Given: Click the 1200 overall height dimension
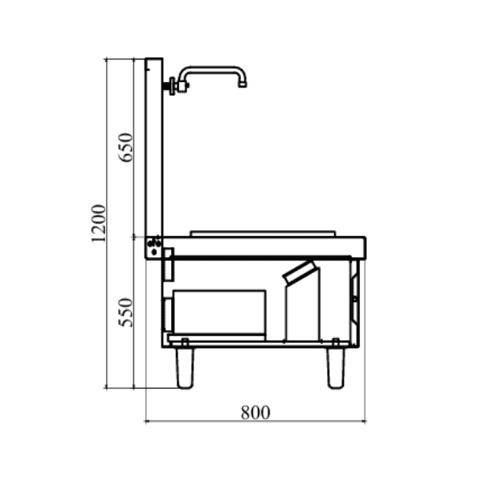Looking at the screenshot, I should (x=99, y=223).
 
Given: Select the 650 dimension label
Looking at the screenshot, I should (x=126, y=147).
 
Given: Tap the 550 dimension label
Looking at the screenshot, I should (x=126, y=312).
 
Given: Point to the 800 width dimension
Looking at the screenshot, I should (x=255, y=412).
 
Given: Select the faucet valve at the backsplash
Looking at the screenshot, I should (x=172, y=85).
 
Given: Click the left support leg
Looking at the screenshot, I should (x=185, y=366).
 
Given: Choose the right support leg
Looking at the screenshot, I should (x=336, y=366).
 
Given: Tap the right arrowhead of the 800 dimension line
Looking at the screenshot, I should (x=363, y=420).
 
